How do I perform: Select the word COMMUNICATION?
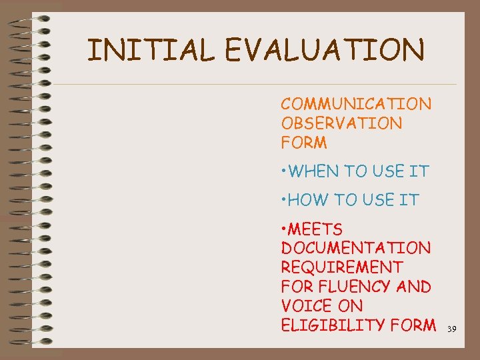click(x=356, y=104)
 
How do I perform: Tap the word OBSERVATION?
click(x=341, y=123)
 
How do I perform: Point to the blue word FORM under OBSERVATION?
click(x=304, y=143)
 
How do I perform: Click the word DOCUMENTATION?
click(x=356, y=249)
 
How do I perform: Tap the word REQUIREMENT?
click(x=342, y=268)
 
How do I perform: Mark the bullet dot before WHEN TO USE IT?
click(x=284, y=172)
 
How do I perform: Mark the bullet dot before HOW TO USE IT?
click(x=284, y=201)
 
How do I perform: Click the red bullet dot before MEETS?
click(x=284, y=230)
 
